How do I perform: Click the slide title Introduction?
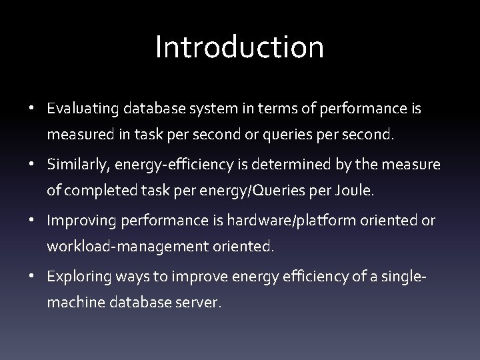pyautogui.click(x=239, y=47)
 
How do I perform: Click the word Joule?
pyautogui.click(x=355, y=191)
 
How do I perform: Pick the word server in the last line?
pyautogui.click(x=199, y=302)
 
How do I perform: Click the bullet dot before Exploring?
pyautogui.click(x=33, y=276)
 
